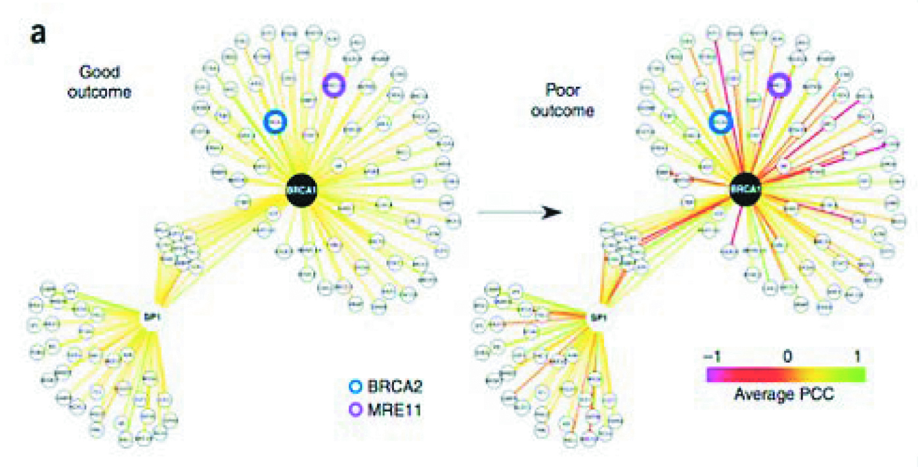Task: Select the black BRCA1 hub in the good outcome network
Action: (x=301, y=190)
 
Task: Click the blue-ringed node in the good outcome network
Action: (x=276, y=122)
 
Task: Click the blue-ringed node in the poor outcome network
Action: (x=720, y=121)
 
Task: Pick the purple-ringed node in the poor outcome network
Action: (x=779, y=84)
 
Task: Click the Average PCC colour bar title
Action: (x=786, y=395)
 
